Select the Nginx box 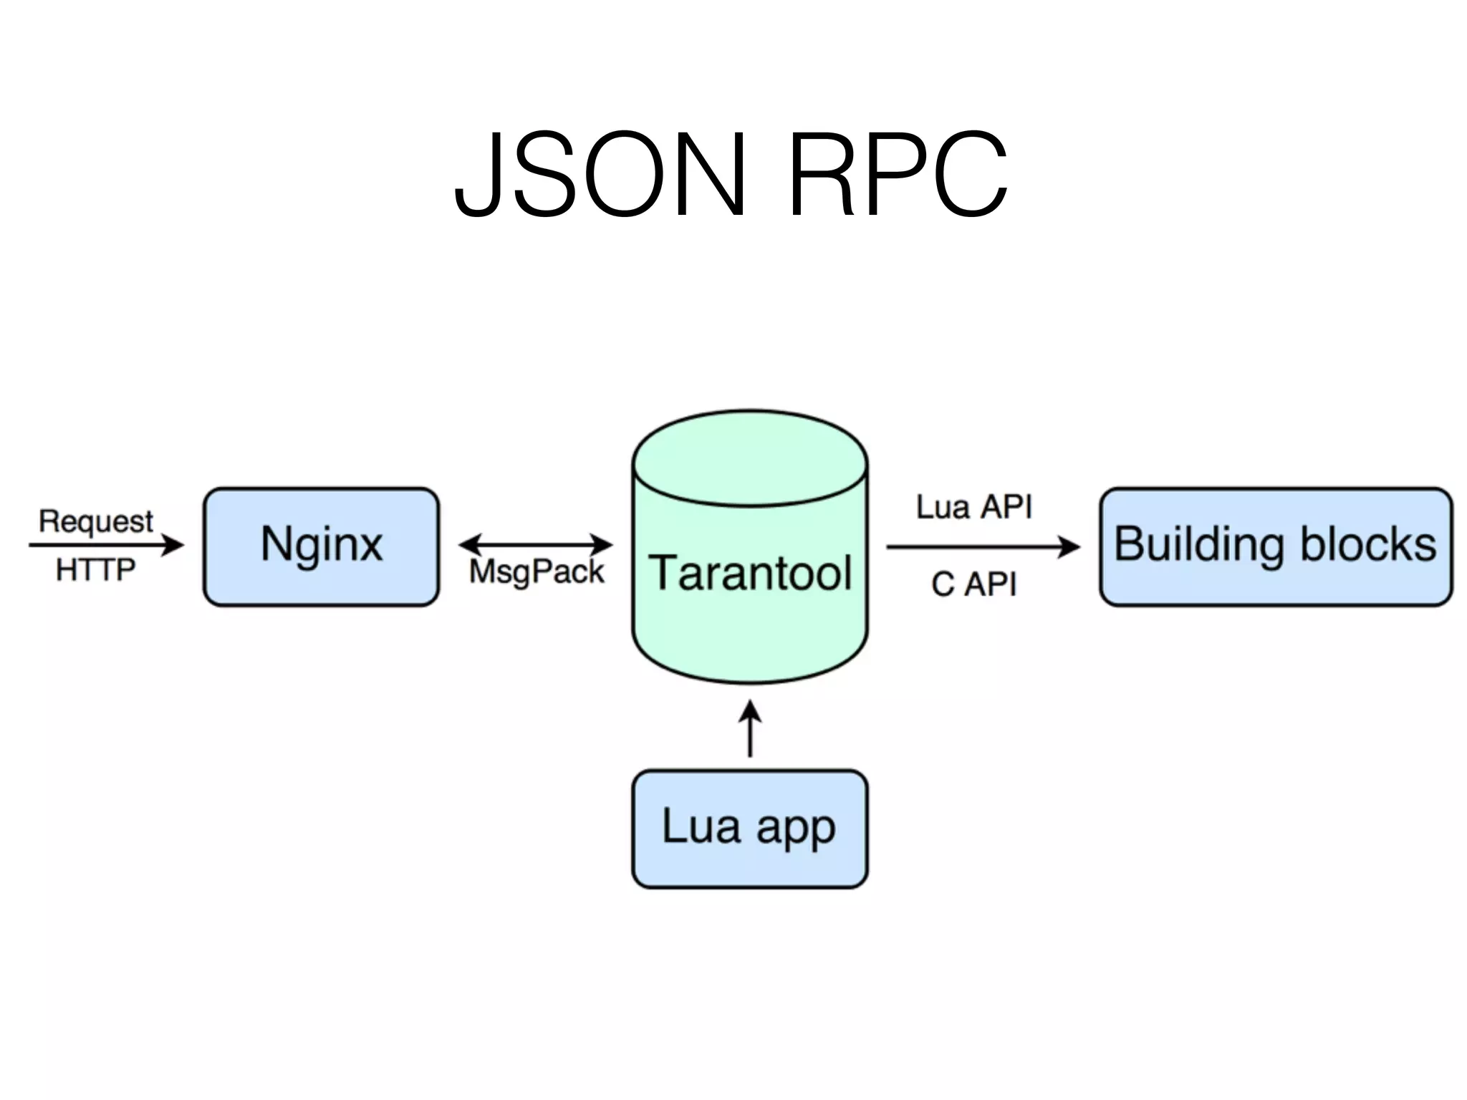coord(321,546)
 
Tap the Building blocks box coord(1276,546)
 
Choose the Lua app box coord(749,829)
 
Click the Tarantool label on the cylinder coord(750,573)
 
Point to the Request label coord(96,521)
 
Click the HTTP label coord(96,570)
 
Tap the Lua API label coord(974,507)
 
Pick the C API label coord(974,584)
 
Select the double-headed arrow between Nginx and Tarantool coord(536,544)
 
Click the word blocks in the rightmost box coord(1368,544)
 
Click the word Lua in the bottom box coord(701,826)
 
